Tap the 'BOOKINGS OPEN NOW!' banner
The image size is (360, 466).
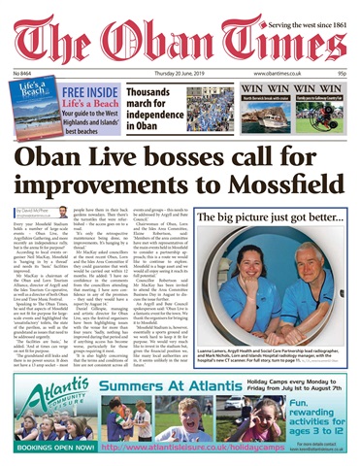click(x=49, y=449)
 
